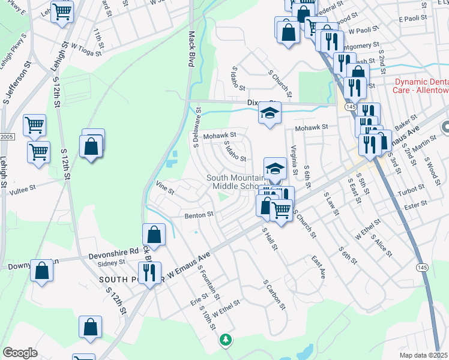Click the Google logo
(x=20, y=353)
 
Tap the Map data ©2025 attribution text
(x=424, y=355)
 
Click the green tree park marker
(x=226, y=340)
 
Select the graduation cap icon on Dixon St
(x=270, y=113)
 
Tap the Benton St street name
(x=199, y=214)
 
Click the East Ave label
(x=318, y=267)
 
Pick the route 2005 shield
(x=5, y=137)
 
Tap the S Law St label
(x=331, y=203)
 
